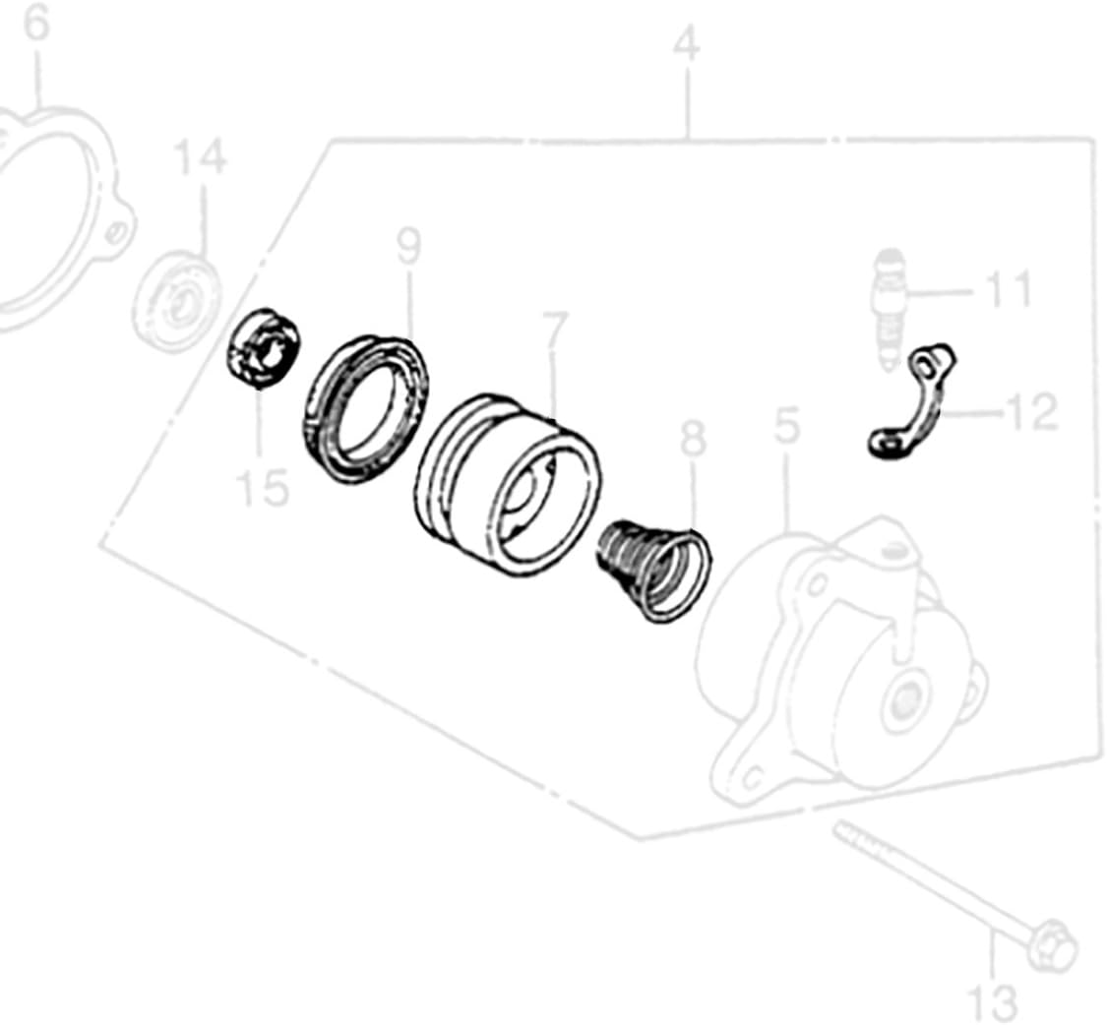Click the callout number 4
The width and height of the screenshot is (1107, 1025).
tap(687, 45)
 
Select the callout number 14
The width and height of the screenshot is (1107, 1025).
tap(200, 157)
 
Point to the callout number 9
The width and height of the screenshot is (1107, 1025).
tap(408, 245)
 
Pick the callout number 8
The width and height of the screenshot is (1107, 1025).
tap(693, 440)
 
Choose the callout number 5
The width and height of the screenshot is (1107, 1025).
tap(786, 426)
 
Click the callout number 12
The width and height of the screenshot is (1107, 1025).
tap(1030, 412)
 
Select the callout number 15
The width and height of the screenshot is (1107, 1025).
tap(262, 486)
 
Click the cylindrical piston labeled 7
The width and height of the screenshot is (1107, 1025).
tap(507, 487)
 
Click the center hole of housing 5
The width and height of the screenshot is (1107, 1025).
tap(902, 701)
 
